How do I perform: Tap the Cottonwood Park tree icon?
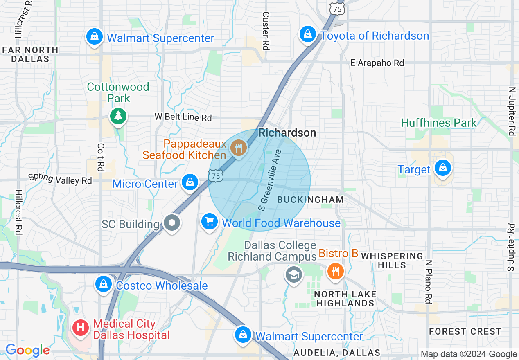[118, 116]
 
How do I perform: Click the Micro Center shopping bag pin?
[190, 182]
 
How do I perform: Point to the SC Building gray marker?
[172, 223]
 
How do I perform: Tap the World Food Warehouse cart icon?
[210, 222]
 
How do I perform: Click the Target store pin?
[442, 168]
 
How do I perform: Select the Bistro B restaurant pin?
[335, 270]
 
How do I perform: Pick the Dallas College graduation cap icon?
[294, 274]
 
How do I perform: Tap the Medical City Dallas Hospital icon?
[81, 328]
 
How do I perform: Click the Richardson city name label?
[287, 133]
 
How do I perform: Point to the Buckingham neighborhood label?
[311, 200]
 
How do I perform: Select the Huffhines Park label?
[439, 123]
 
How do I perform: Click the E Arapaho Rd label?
[377, 63]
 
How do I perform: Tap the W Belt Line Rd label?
[183, 117]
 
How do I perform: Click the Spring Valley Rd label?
[60, 179]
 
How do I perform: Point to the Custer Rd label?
[266, 31]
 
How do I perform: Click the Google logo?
[27, 350]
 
